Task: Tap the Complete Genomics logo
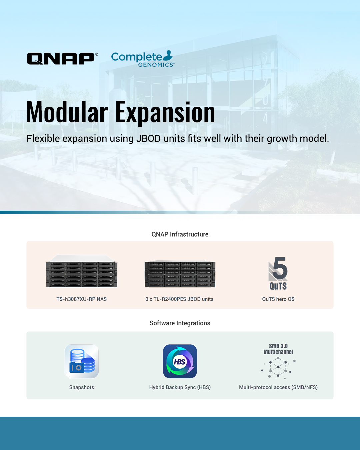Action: click(x=143, y=59)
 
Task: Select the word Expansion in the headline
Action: click(x=165, y=113)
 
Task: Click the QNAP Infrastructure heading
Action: click(x=180, y=234)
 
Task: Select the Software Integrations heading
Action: click(x=180, y=323)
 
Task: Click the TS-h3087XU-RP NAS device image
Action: click(x=82, y=271)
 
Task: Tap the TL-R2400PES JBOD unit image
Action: click(x=180, y=274)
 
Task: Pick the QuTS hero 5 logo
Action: click(x=278, y=273)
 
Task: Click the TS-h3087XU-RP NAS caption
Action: click(x=82, y=299)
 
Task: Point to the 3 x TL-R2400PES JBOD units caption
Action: click(x=179, y=299)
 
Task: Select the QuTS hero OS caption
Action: click(x=278, y=299)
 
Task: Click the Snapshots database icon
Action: click(x=82, y=361)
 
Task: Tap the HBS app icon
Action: click(x=180, y=361)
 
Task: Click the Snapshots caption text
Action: click(x=82, y=387)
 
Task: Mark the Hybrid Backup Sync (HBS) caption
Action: click(x=180, y=387)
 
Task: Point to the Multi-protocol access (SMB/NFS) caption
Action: click(x=278, y=387)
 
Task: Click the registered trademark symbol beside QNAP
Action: click(x=96, y=54)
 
